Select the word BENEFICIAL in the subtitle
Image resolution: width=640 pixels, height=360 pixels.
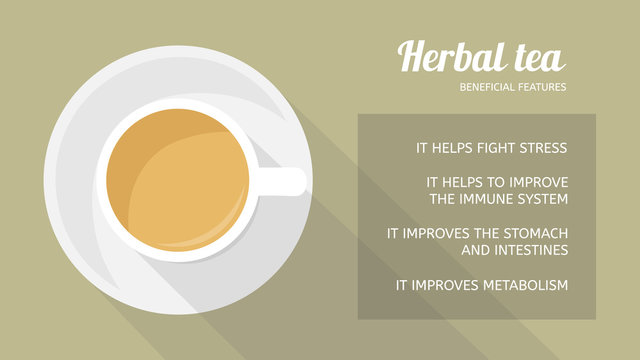tap(488, 87)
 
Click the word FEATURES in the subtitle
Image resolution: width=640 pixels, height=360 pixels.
tap(543, 87)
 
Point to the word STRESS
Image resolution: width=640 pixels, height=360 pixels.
tap(541, 148)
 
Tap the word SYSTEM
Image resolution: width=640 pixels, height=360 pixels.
tap(544, 199)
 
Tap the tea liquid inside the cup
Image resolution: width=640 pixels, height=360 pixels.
tap(177, 180)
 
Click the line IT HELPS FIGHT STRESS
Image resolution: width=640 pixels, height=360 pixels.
tap(491, 148)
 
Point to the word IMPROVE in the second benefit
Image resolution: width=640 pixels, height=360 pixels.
tap(535, 182)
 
